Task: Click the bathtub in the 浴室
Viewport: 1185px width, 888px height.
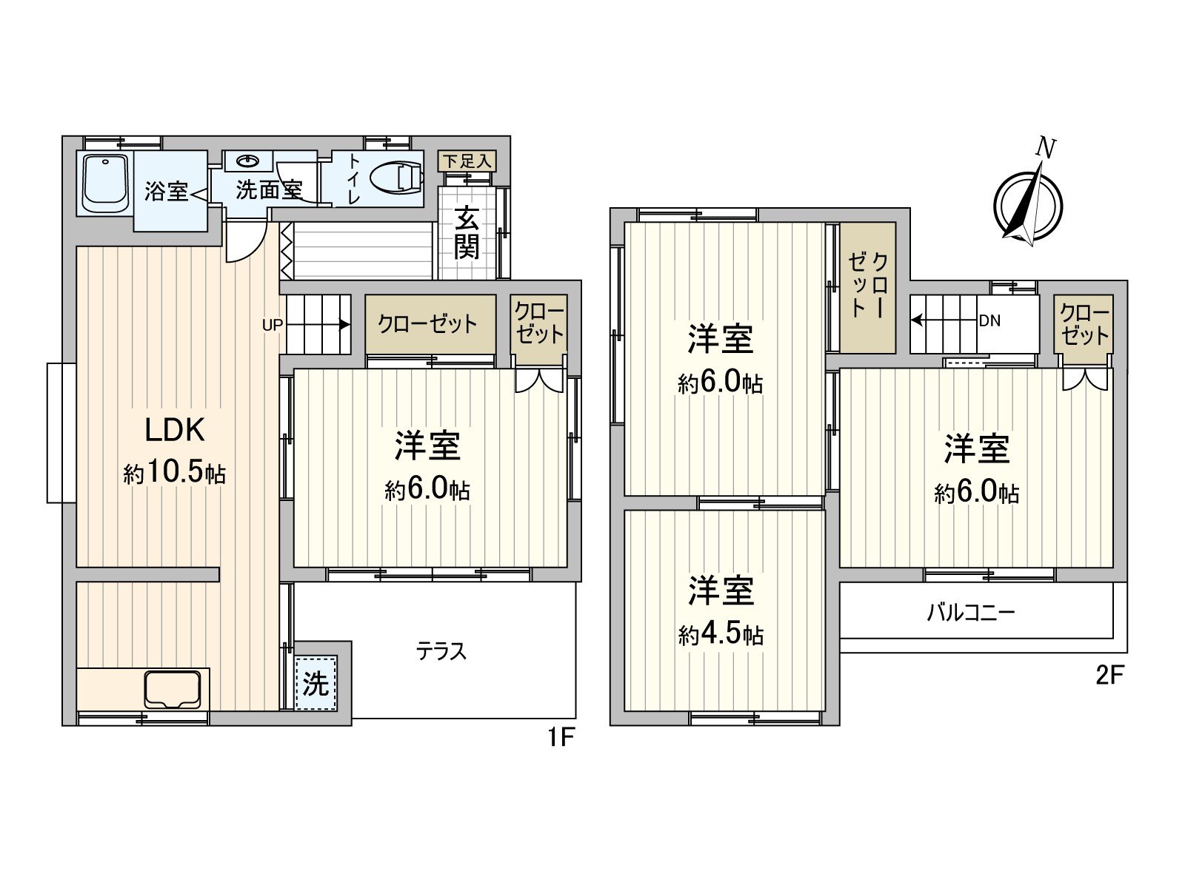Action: click(106, 183)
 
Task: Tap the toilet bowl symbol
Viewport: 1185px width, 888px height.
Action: click(396, 178)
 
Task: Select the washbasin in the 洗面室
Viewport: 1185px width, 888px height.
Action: click(244, 161)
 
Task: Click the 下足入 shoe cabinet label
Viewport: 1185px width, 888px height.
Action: click(466, 161)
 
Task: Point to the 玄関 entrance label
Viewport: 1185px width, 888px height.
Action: click(466, 233)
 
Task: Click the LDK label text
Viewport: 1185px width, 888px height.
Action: click(174, 429)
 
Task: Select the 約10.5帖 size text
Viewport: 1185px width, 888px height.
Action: click(174, 472)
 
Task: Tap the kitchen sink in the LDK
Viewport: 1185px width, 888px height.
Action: click(173, 689)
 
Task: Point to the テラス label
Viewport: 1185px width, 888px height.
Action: click(441, 651)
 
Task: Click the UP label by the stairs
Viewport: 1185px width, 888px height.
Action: click(272, 324)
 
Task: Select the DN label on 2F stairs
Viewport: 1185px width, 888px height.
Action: click(989, 320)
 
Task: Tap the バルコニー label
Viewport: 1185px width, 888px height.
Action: click(970, 613)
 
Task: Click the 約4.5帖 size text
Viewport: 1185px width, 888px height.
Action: click(720, 634)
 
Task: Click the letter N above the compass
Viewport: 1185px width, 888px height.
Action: click(1045, 148)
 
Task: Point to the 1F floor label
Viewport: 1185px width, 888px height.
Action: click(561, 737)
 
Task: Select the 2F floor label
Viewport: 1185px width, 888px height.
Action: click(1109, 676)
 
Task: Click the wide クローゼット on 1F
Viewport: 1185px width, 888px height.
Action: click(429, 324)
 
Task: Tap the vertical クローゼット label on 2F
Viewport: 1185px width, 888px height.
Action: click(868, 285)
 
